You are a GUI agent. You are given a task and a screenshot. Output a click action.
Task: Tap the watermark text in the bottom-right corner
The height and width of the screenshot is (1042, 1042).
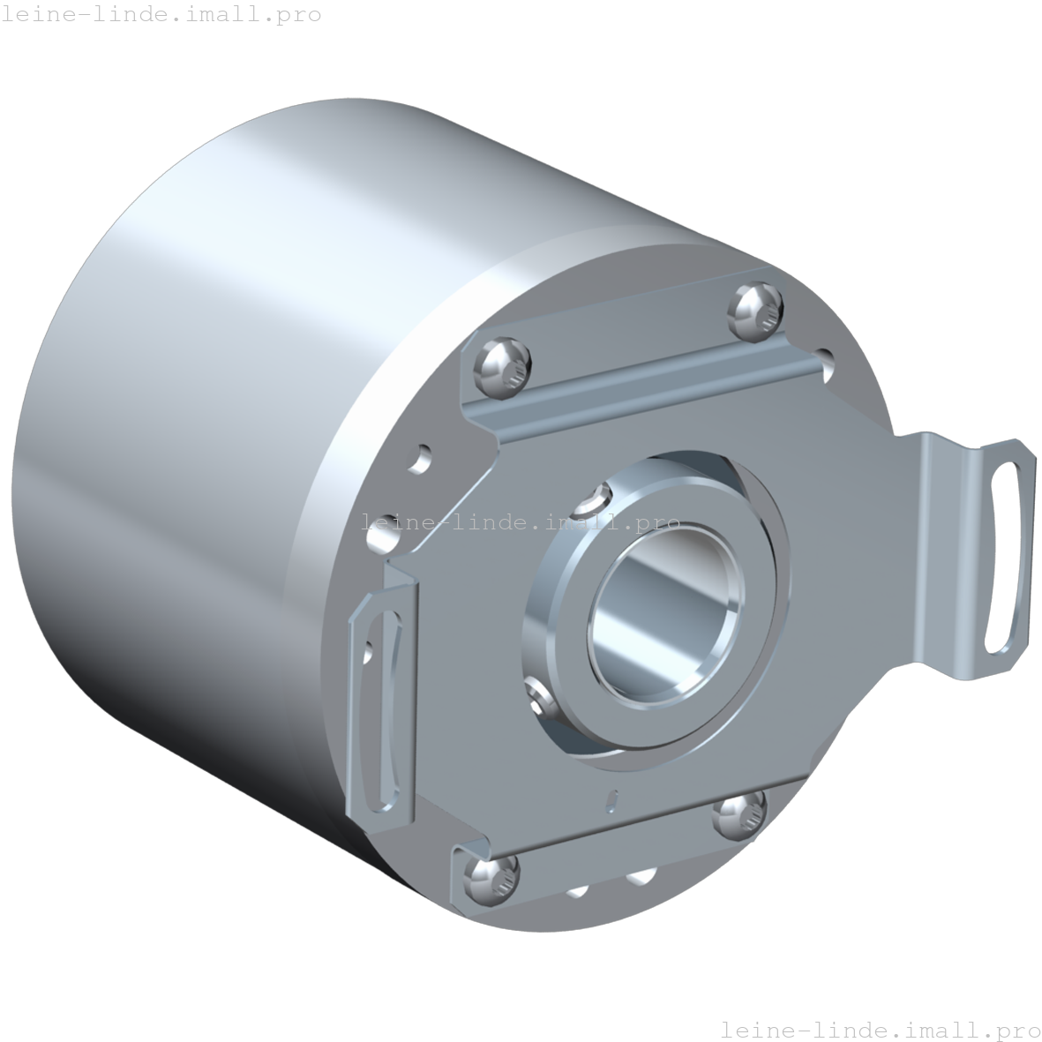(880, 1029)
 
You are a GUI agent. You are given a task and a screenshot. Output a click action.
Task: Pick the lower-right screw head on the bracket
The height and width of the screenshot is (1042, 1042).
(738, 817)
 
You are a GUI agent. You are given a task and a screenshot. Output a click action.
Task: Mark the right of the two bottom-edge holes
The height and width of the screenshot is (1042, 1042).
(641, 876)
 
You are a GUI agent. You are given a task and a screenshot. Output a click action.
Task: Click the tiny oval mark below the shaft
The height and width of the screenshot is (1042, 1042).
(611, 799)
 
